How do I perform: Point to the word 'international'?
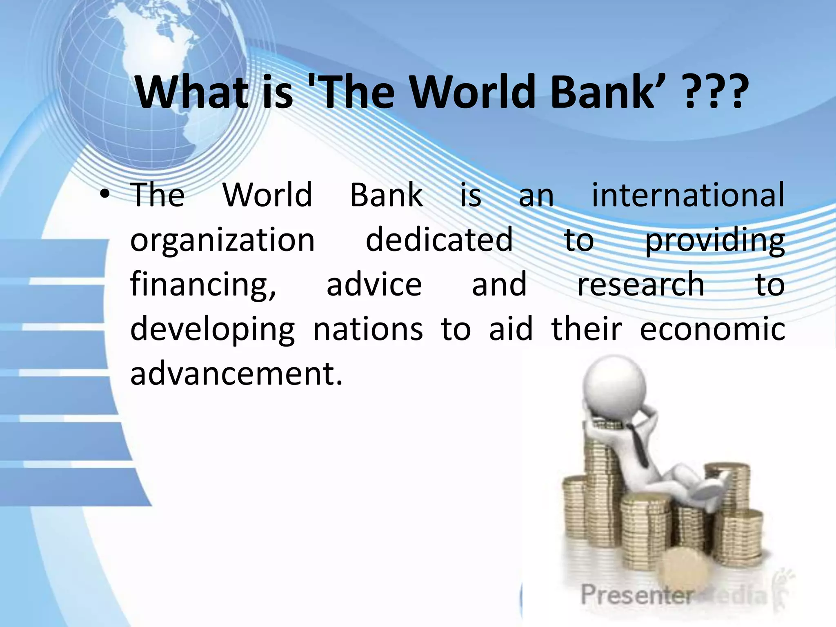688,195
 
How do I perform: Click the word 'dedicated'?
439,240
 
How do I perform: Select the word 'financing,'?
203,285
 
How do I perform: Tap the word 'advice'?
374,285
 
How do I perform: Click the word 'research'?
640,285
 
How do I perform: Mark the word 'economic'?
712,329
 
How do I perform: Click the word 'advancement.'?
236,374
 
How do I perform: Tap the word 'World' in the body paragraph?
267,195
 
